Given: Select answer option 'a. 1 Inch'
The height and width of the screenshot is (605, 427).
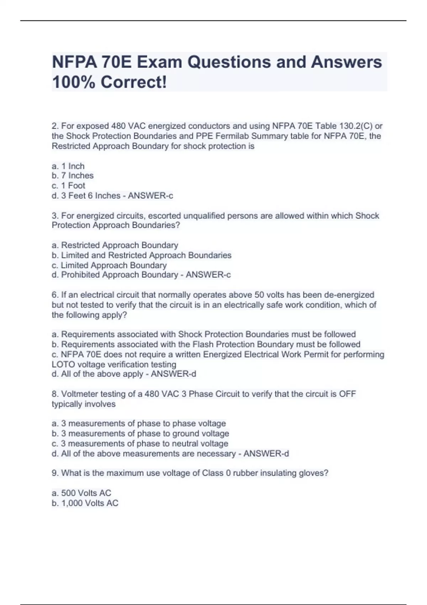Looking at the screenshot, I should click(x=68, y=166).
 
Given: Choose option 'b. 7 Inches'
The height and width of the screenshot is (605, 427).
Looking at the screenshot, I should click(x=73, y=176).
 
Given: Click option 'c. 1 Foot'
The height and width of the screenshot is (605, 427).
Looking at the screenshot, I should click(x=68, y=186).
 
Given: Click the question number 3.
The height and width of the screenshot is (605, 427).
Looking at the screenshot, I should click(x=54, y=216).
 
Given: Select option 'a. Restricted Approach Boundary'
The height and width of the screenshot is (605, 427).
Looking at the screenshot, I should click(x=115, y=245).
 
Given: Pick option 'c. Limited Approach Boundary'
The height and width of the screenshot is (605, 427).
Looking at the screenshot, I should click(x=109, y=265).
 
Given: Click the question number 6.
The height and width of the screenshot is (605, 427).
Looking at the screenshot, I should click(x=54, y=295).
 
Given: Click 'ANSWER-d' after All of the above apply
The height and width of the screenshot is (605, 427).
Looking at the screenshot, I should click(x=174, y=374).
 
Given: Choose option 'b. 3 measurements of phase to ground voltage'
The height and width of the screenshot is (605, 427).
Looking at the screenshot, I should click(x=140, y=433).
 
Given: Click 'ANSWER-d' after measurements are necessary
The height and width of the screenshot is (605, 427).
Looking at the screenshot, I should click(x=266, y=454).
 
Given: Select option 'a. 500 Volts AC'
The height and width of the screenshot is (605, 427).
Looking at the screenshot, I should click(x=81, y=493).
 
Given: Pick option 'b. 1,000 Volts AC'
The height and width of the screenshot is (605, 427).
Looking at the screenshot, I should click(x=85, y=503).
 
